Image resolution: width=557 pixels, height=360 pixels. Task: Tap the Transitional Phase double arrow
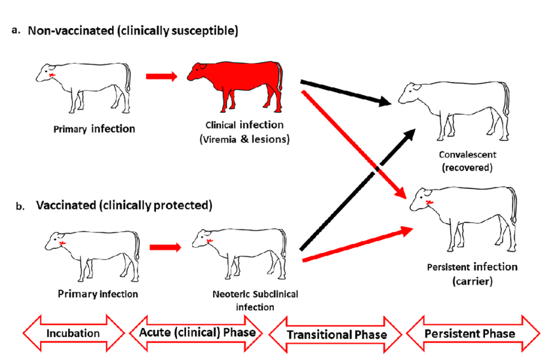[336, 334]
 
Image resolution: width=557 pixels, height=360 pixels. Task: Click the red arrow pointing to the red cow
[161, 77]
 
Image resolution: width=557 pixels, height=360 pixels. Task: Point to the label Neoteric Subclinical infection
[256, 299]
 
